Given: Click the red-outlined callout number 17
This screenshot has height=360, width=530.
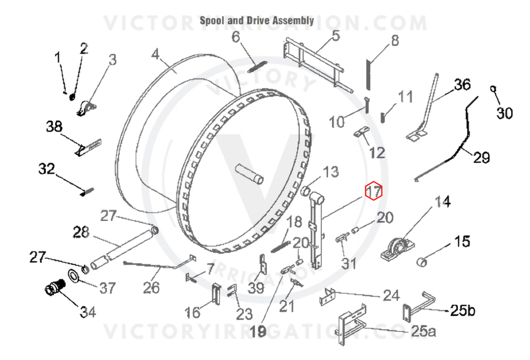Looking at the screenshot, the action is tap(374, 191).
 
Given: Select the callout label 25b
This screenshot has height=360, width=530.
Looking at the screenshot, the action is tap(462, 310).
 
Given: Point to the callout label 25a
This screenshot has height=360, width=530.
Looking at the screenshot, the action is tap(423, 331).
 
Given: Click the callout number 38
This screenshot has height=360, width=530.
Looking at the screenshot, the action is tap(54, 127).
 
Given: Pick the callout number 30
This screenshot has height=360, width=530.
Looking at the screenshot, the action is tap(504, 113).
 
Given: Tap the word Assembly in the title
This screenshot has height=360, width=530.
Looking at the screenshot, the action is tap(293, 21).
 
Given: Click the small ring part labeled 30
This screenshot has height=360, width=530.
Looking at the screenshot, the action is tap(493, 89).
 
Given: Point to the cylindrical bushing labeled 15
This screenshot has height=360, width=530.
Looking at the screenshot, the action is tap(422, 261).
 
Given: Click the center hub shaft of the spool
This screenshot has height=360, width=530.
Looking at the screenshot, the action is tap(250, 173).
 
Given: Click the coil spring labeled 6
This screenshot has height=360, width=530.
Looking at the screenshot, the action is tap(257, 66).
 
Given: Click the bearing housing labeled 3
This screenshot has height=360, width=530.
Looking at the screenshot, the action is tap(86, 108).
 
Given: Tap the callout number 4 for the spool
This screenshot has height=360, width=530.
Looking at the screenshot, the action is tap(155, 54).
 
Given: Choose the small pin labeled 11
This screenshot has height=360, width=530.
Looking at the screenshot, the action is tap(383, 117).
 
